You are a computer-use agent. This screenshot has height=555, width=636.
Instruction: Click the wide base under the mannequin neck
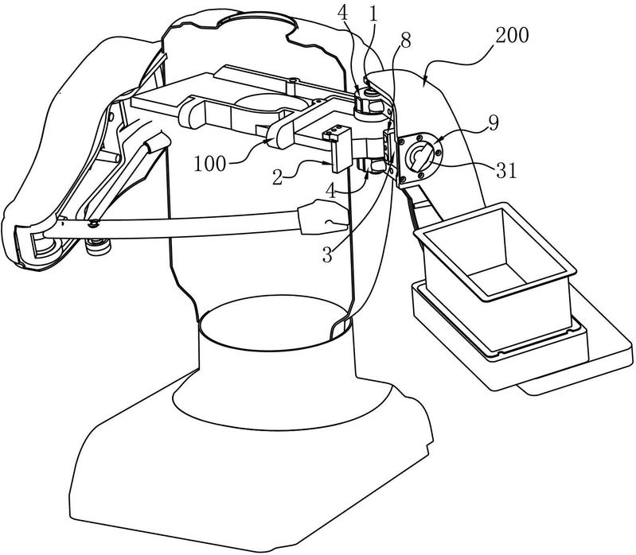[247, 461]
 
